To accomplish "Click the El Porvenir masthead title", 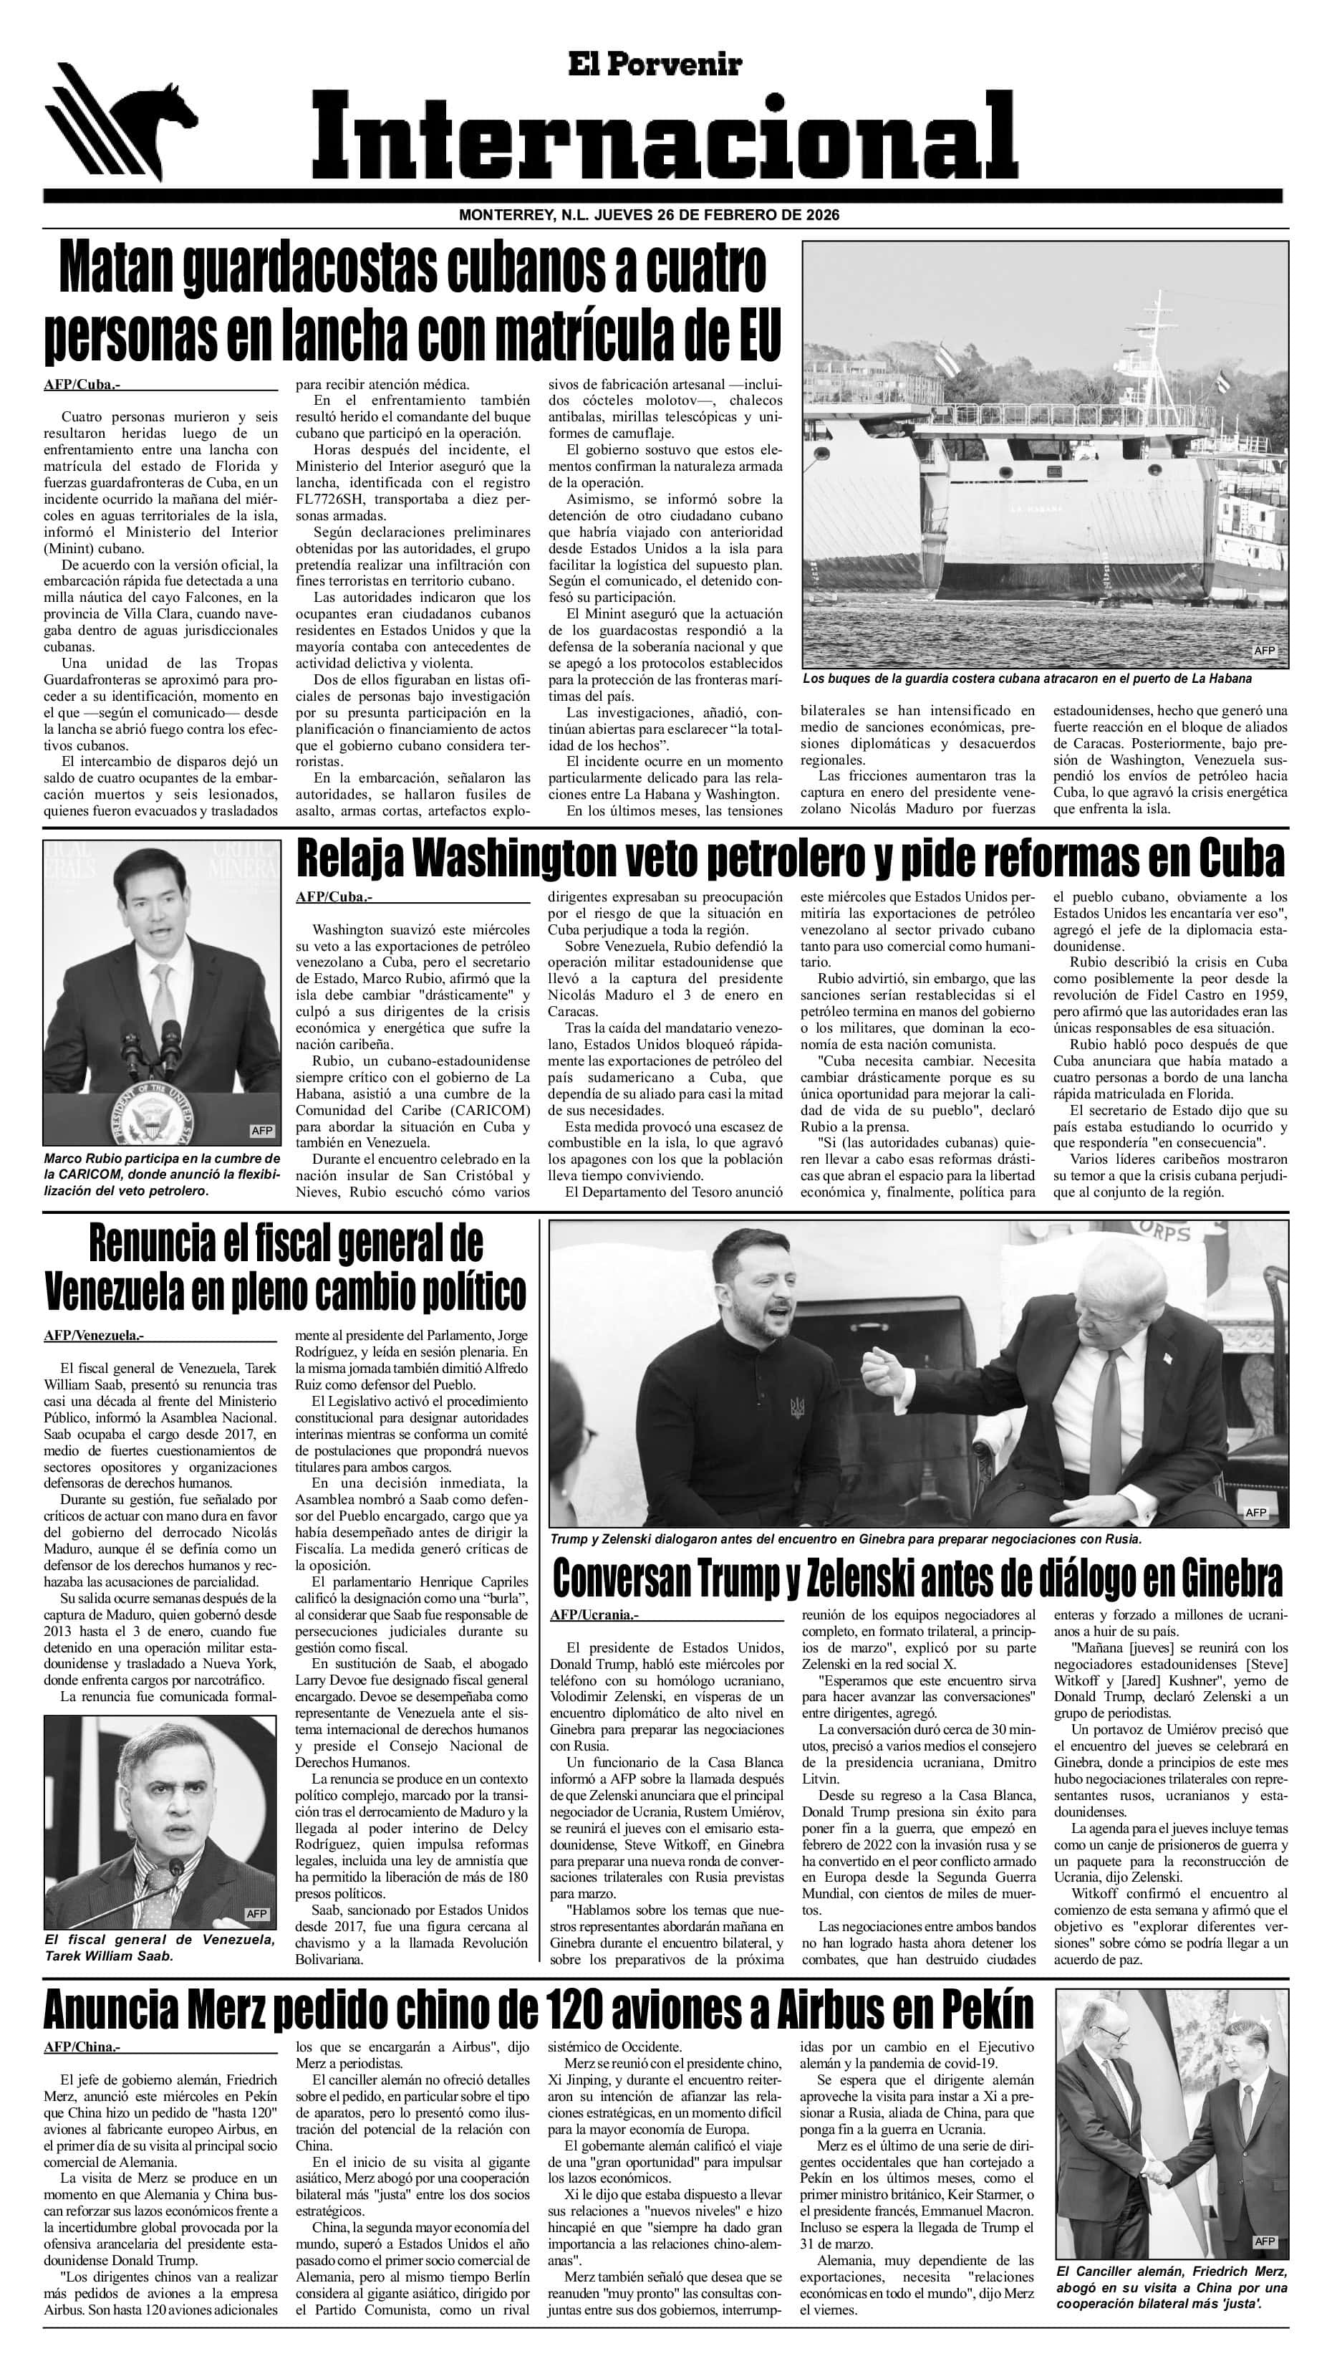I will [655, 64].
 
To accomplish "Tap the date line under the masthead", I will [648, 215].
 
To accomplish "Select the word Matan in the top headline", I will [117, 270].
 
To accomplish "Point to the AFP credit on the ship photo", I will [1265, 650].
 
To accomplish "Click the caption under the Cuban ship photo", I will [1027, 679].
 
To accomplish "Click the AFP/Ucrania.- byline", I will [594, 1614].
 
